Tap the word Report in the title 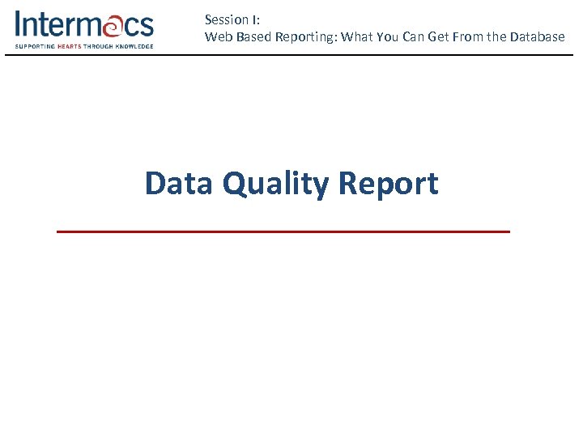click(x=388, y=185)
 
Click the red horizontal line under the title click(x=283, y=231)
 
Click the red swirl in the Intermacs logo click(x=110, y=26)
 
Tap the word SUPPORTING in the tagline click(x=34, y=46)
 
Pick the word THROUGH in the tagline click(x=100, y=46)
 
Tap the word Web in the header click(x=217, y=36)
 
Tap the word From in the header click(x=470, y=36)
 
